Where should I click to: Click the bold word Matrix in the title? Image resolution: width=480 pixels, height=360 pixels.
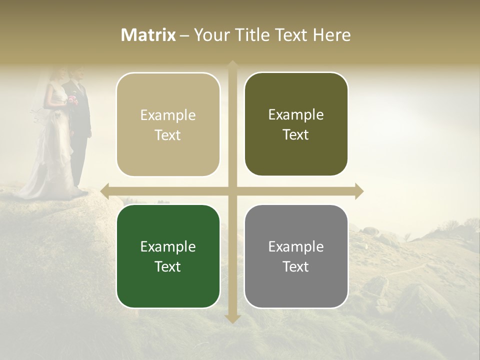pyautogui.click(x=148, y=35)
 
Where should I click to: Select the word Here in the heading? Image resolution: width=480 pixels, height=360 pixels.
pyautogui.click(x=331, y=35)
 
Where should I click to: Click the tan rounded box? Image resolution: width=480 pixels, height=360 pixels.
pyautogui.click(x=168, y=124)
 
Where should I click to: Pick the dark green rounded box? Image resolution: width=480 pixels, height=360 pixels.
pyautogui.click(x=168, y=256)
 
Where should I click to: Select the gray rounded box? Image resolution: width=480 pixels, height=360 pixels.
pyautogui.click(x=296, y=256)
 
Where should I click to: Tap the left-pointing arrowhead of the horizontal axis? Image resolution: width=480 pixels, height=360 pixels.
pyautogui.click(x=104, y=191)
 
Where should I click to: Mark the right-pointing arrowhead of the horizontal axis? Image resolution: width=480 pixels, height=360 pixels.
pyautogui.click(x=359, y=191)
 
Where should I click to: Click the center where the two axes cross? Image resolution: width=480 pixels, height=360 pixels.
pyautogui.click(x=232, y=191)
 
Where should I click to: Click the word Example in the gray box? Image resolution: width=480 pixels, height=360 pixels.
pyautogui.click(x=296, y=246)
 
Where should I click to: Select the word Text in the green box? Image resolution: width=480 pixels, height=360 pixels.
pyautogui.click(x=168, y=266)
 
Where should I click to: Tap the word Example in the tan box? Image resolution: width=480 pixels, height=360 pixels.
pyautogui.click(x=168, y=115)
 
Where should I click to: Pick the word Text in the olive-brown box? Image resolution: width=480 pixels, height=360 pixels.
pyautogui.click(x=296, y=135)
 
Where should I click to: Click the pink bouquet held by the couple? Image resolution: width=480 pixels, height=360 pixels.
pyautogui.click(x=73, y=99)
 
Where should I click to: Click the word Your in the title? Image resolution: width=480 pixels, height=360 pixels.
pyautogui.click(x=210, y=35)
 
